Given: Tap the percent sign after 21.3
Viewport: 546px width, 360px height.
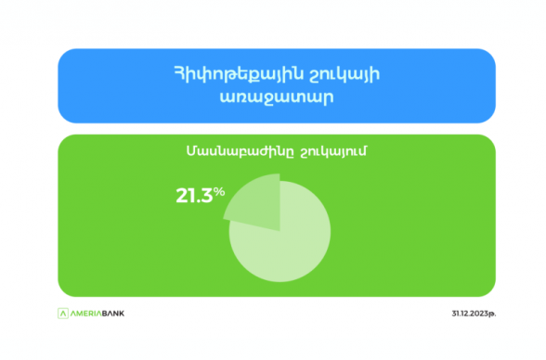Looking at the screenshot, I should pos(219,191).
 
